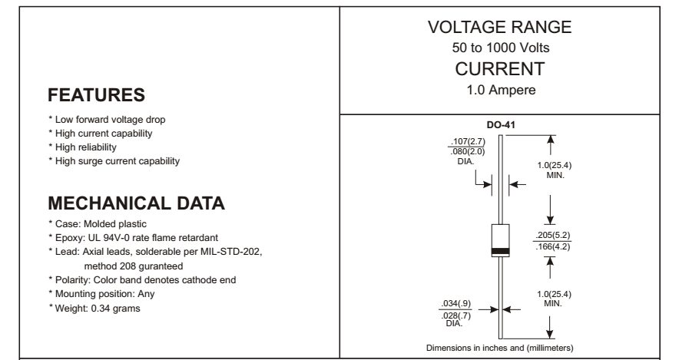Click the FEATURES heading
point(96,96)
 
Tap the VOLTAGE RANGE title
point(510,28)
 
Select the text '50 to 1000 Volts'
point(510,48)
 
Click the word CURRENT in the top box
point(510,68)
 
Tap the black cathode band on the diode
point(500,251)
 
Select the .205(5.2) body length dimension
point(558,236)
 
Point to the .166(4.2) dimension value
point(558,246)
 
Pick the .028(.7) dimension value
point(453,315)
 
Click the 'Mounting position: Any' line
point(108,296)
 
